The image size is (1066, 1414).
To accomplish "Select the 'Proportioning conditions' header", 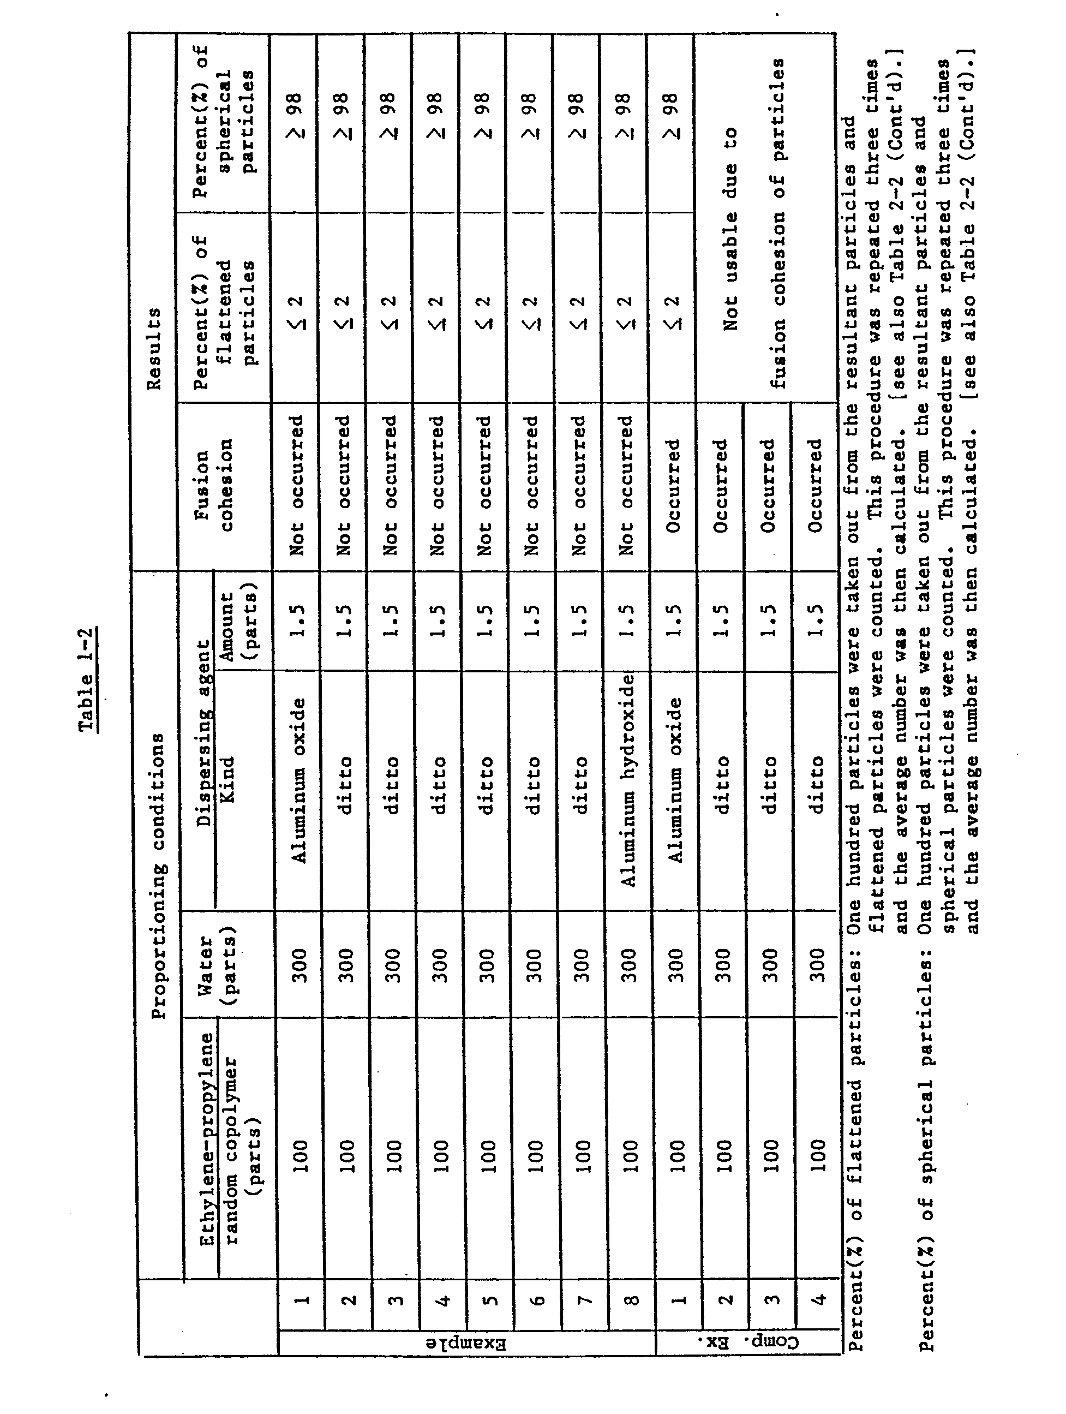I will click(158, 876).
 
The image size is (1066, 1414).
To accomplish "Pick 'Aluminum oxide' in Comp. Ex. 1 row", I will click(675, 780).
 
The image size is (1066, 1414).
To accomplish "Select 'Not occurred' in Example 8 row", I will click(626, 486).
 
